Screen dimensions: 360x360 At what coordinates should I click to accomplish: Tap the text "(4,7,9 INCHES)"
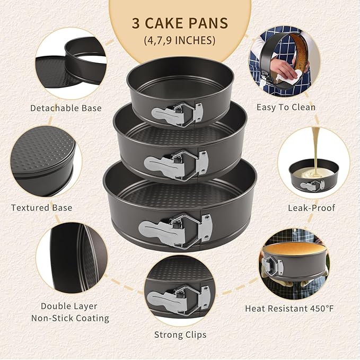180,40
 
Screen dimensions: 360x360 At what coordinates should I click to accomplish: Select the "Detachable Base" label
66,108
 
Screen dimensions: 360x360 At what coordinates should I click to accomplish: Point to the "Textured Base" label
42,207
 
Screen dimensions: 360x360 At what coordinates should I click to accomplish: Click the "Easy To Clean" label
286,107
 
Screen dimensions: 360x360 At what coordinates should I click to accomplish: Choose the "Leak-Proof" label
312,208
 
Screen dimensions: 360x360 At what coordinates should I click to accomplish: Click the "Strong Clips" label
180,335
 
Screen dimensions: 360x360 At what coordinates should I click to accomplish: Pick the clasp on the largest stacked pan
175,227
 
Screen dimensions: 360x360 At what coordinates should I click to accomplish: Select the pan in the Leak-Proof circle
313,178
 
